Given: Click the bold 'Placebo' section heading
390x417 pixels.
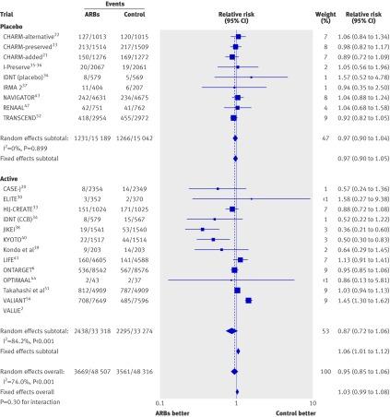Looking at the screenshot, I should pyautogui.click(x=15, y=25).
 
